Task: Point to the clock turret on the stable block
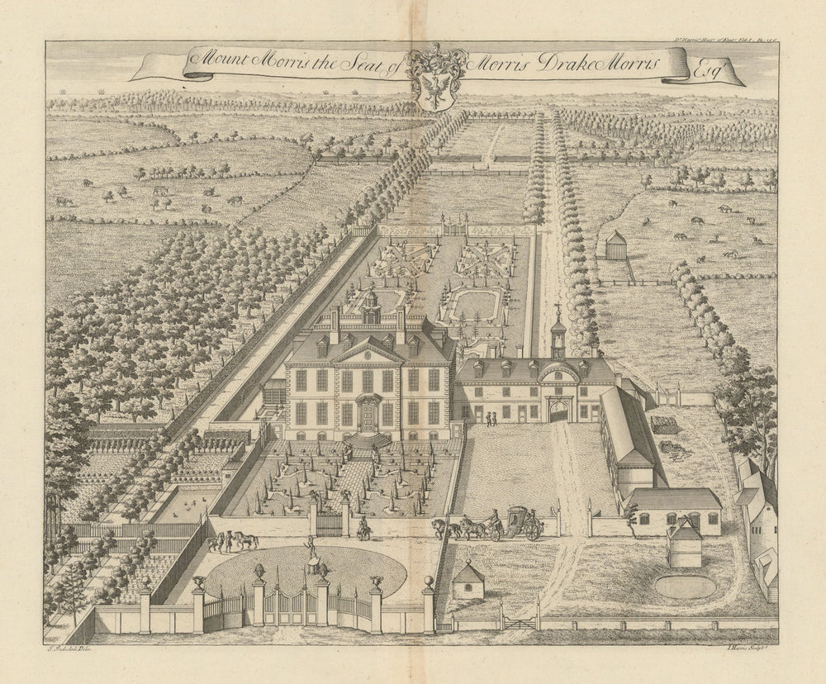[558, 335]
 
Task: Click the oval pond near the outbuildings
[685, 586]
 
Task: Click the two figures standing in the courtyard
[491, 419]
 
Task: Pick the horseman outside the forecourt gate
[362, 528]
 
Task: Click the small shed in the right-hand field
[615, 245]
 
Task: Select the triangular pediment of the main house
[368, 354]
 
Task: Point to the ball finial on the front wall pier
[428, 583]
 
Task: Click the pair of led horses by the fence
[232, 541]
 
